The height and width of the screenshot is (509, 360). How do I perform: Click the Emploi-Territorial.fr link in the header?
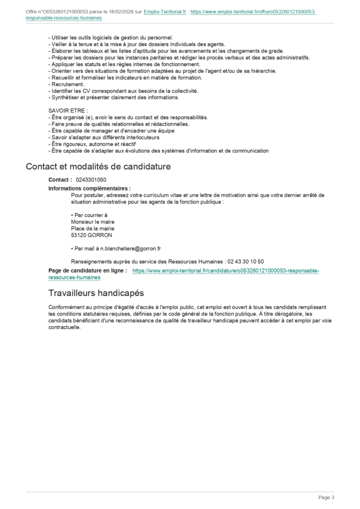point(165,12)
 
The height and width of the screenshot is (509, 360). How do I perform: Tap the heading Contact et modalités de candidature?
point(98,166)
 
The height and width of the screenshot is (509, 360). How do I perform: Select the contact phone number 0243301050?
point(91,180)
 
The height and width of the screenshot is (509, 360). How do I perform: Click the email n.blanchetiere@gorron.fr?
point(131,249)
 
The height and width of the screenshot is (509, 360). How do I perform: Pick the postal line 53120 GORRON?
point(91,235)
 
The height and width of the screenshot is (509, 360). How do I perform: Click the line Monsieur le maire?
point(93,222)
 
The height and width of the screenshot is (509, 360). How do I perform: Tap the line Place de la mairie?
point(93,229)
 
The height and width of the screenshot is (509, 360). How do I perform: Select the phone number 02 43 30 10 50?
point(245,262)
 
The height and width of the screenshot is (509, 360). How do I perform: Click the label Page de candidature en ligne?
point(87,271)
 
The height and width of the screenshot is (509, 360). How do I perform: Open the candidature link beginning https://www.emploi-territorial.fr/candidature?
point(225,271)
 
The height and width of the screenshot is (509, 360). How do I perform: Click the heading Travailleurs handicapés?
point(96,293)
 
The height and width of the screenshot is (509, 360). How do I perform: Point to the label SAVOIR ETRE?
point(67,111)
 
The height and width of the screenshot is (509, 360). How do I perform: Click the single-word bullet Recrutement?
point(68,84)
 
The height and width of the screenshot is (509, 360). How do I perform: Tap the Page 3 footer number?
point(326,498)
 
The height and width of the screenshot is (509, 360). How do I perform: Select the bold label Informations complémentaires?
point(89,188)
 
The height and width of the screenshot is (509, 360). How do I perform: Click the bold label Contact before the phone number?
point(59,180)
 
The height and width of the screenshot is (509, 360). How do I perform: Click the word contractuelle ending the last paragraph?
point(64,327)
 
